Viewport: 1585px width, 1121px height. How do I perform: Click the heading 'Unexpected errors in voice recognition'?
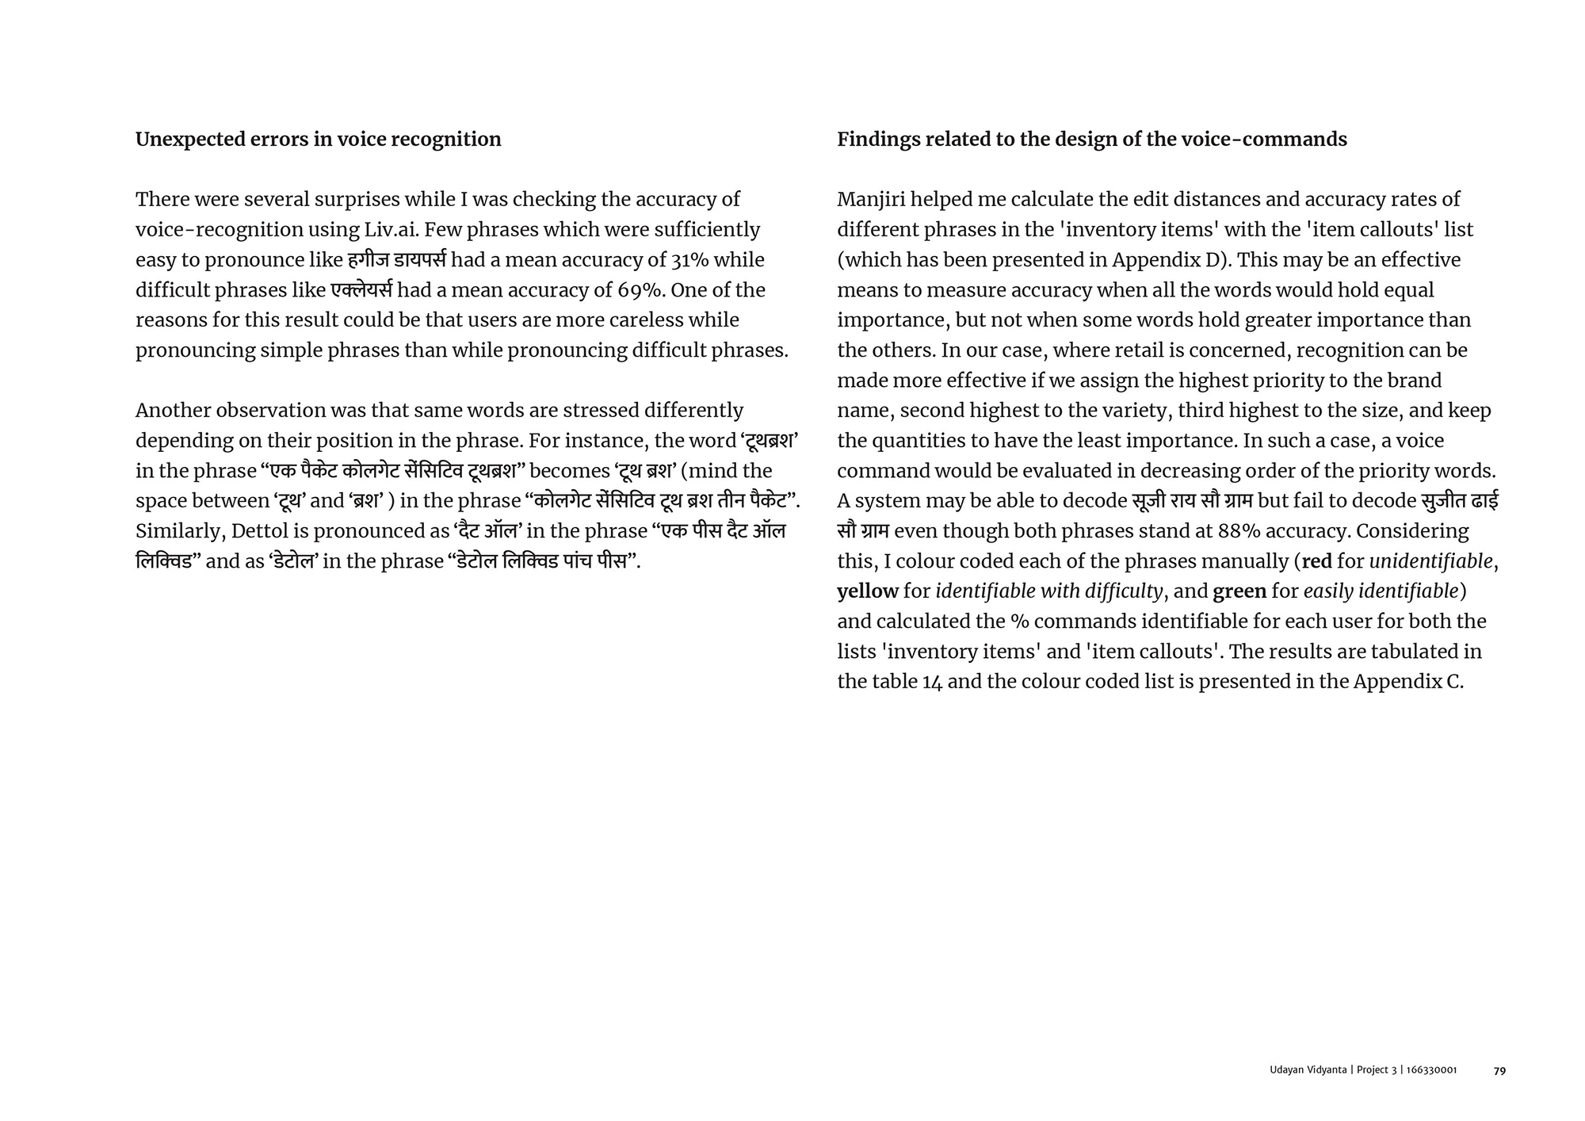(x=318, y=140)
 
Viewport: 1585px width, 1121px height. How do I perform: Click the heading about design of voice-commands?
(x=1091, y=140)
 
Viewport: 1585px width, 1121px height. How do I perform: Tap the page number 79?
(x=1499, y=1070)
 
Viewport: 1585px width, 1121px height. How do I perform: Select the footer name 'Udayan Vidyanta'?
(x=1308, y=1070)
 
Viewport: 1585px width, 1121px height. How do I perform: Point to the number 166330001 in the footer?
(x=1431, y=1070)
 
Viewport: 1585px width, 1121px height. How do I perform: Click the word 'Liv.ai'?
(x=390, y=230)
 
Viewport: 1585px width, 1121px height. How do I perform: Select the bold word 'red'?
(x=1316, y=561)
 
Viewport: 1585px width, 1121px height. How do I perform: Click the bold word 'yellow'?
(x=867, y=591)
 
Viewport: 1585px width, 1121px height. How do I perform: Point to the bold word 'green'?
(x=1239, y=591)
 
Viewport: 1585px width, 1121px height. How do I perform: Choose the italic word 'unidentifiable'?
(x=1430, y=561)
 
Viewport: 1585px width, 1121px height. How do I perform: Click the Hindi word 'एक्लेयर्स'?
(x=361, y=290)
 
